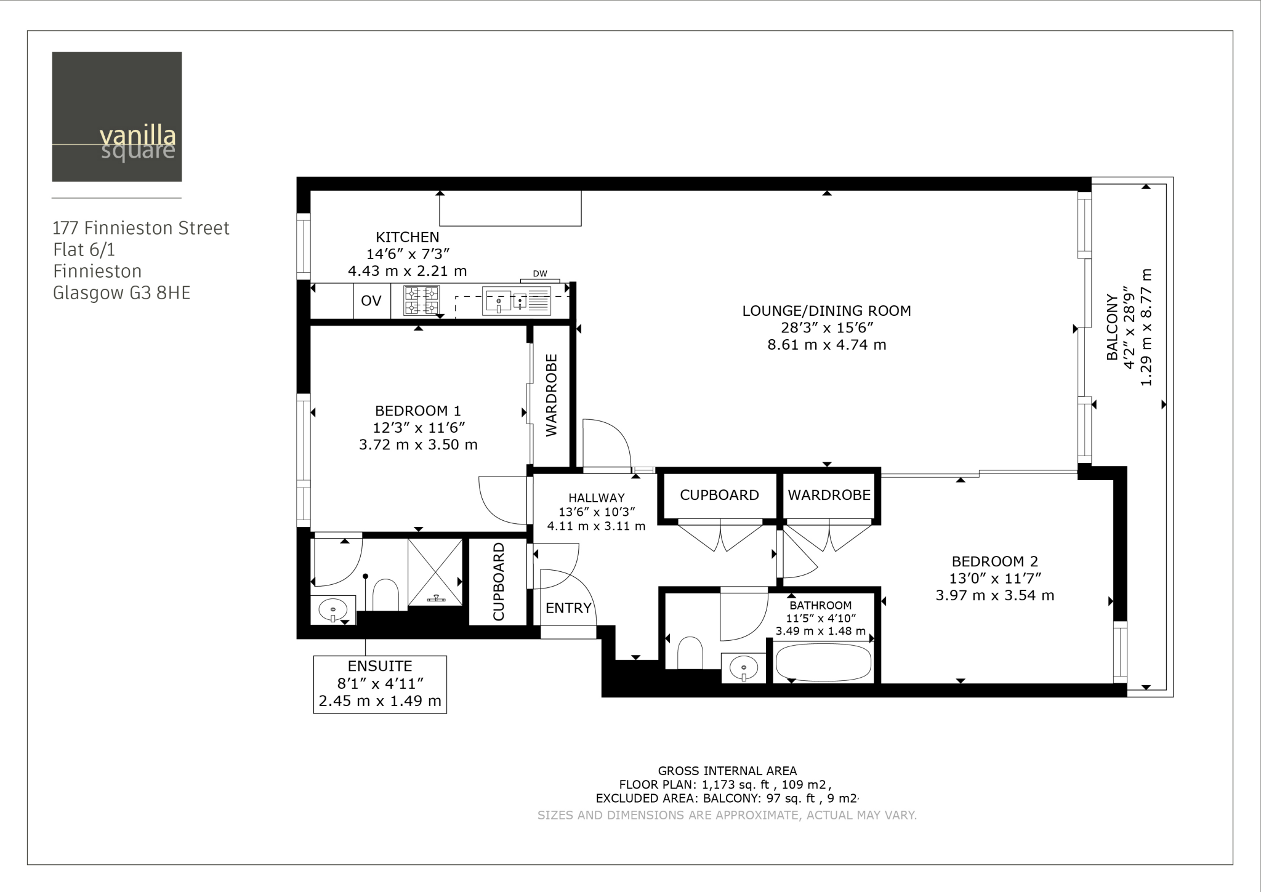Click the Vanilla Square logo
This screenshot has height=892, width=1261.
[x=117, y=116]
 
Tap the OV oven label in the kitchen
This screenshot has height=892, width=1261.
[x=371, y=301]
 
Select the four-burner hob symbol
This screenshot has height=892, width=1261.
[x=422, y=300]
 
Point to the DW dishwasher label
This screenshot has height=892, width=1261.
[x=540, y=274]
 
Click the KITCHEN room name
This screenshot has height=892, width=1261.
[x=408, y=237]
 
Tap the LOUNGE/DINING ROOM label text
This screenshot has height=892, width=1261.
[x=826, y=311]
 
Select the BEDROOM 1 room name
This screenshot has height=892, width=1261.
[x=418, y=411]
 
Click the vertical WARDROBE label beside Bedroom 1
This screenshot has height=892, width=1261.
[x=552, y=395]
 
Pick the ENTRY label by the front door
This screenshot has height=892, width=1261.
[x=568, y=608]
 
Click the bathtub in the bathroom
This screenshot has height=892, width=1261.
[x=823, y=662]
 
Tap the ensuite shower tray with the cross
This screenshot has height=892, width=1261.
[x=435, y=572]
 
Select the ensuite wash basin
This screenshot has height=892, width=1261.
[x=333, y=610]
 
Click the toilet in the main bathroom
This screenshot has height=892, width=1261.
[x=690, y=653]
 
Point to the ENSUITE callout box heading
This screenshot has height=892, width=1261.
[x=380, y=666]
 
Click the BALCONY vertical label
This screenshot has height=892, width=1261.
[x=1112, y=327]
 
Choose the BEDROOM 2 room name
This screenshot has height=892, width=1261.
[x=994, y=561]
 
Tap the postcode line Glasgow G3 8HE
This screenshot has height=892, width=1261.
[x=121, y=293]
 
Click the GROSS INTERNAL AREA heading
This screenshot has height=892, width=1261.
[x=727, y=771]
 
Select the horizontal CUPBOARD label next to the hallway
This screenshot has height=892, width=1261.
[x=719, y=495]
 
